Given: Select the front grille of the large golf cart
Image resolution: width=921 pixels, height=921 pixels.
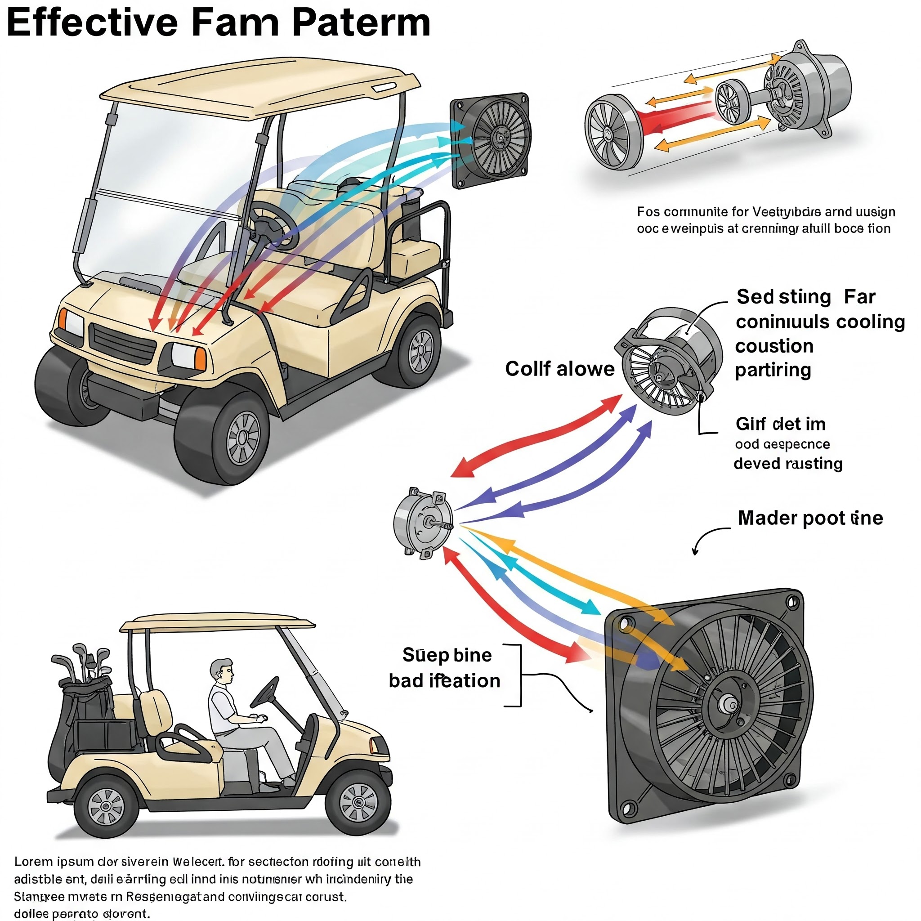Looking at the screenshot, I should pyautogui.click(x=122, y=343).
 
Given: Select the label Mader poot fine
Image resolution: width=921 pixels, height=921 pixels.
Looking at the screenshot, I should pyautogui.click(x=810, y=518).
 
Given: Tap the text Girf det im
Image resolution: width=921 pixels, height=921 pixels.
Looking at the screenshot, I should pyautogui.click(x=780, y=424).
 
